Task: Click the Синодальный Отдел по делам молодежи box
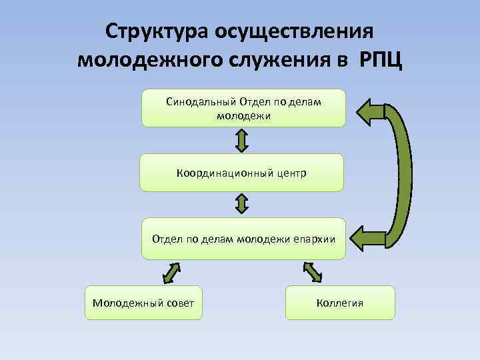pos(243,108)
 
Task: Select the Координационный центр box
pos(241,173)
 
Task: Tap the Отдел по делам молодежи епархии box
pos(243,238)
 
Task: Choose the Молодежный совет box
pos(143,303)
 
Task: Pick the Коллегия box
pos(340,303)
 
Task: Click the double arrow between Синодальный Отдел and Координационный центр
pos(242,140)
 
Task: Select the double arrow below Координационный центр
pos(242,204)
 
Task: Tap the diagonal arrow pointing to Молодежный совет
pos(172,273)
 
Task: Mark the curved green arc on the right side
pos(405,175)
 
